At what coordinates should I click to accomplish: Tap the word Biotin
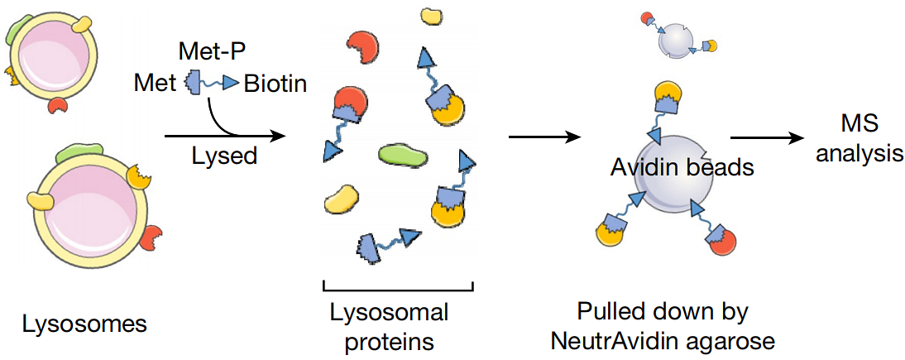275,84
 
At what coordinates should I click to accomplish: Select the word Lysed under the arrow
224,156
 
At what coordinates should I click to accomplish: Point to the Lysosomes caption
84,323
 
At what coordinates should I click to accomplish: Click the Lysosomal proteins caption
389,327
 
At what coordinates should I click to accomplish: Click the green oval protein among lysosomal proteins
402,154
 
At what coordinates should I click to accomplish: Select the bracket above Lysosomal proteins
397,287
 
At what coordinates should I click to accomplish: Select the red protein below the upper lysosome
58,105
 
